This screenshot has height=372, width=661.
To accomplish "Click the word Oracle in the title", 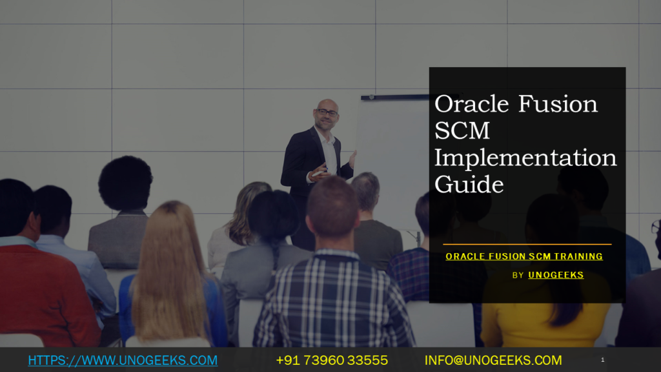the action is pyautogui.click(x=471, y=104).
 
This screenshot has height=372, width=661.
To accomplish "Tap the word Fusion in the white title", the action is pyautogui.click(x=558, y=104).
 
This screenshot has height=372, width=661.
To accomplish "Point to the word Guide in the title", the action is pyautogui.click(x=469, y=184).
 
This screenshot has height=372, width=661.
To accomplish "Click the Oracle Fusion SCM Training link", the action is pyautogui.click(x=524, y=256).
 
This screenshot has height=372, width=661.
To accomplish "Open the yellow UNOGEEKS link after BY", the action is pyautogui.click(x=556, y=275).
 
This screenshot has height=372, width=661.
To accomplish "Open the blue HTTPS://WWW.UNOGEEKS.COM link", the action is pyautogui.click(x=123, y=360).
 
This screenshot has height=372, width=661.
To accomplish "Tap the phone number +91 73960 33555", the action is pyautogui.click(x=332, y=360).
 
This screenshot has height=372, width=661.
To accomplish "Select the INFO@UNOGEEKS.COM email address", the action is pyautogui.click(x=493, y=360).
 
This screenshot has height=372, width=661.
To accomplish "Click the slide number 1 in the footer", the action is pyautogui.click(x=602, y=360).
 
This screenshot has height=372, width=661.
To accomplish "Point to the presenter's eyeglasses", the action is pyautogui.click(x=327, y=112).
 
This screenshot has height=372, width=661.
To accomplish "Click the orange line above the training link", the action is pyautogui.click(x=527, y=244).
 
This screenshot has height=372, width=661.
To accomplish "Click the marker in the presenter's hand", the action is pyautogui.click(x=318, y=173).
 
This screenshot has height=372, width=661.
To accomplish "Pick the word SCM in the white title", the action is pyautogui.click(x=462, y=130).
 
